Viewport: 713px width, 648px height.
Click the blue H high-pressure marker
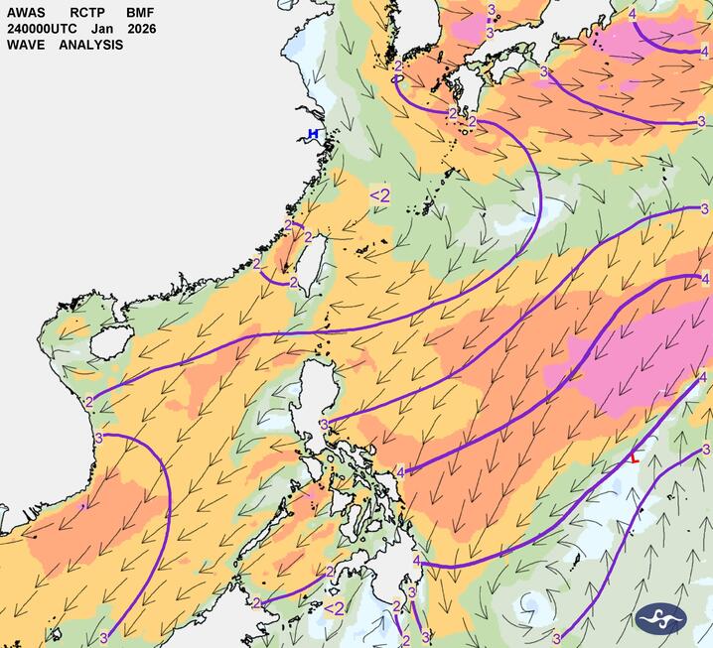[x=313, y=134]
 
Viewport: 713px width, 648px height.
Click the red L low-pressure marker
[x=635, y=458]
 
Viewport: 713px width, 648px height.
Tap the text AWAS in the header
[x=25, y=13]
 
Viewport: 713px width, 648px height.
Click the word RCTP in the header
[x=87, y=13]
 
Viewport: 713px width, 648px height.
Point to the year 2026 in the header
[x=141, y=29]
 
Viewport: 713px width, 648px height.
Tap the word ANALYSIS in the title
[x=90, y=45]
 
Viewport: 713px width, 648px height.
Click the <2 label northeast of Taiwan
[x=379, y=195]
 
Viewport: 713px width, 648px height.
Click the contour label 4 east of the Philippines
[x=400, y=471]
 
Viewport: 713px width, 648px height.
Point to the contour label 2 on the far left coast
[x=89, y=402]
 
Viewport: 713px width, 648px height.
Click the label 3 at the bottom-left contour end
[x=103, y=636]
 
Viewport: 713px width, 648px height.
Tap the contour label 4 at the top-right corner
[x=633, y=14]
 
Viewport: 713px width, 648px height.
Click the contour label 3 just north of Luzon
[x=324, y=425]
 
